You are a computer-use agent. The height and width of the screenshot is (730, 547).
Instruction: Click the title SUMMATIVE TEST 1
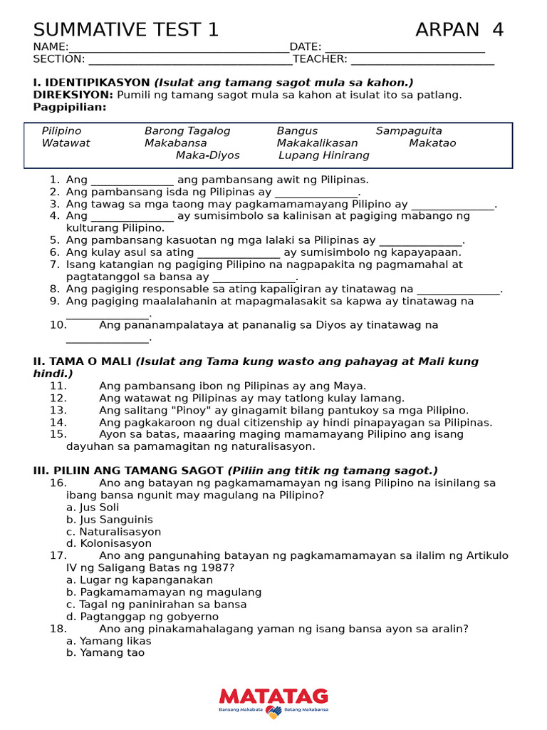tap(126, 30)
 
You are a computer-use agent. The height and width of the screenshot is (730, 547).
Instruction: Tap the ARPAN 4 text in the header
tap(459, 30)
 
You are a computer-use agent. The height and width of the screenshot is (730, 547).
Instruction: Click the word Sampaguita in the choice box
tap(409, 131)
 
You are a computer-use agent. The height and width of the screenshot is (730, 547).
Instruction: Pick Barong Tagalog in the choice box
tap(187, 131)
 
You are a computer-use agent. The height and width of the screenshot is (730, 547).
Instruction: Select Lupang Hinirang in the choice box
tap(324, 155)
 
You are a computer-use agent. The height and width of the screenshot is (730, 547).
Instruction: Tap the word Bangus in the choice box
tap(297, 131)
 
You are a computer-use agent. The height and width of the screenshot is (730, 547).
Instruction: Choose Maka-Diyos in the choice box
tap(208, 155)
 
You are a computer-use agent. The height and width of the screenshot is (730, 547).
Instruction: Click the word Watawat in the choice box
tap(66, 143)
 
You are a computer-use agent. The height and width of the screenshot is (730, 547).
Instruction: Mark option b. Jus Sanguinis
tap(109, 520)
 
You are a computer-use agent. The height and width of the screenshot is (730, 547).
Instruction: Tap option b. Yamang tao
tap(105, 653)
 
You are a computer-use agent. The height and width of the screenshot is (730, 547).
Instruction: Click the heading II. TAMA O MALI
tap(83, 361)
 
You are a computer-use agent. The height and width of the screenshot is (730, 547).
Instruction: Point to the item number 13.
tap(58, 411)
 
